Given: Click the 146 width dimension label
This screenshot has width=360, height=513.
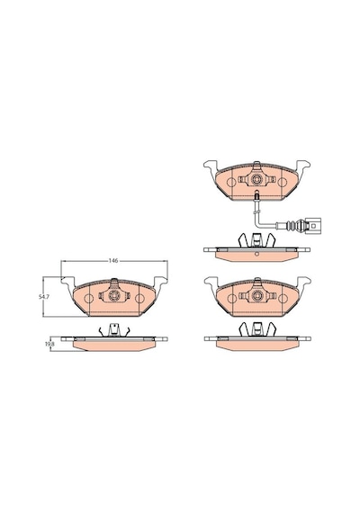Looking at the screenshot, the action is click(113, 261).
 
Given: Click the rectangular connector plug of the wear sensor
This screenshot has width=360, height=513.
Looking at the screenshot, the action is click(313, 226).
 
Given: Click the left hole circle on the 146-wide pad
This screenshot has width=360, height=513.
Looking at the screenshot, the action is click(88, 299).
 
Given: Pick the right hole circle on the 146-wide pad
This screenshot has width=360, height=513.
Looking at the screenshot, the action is click(139, 299).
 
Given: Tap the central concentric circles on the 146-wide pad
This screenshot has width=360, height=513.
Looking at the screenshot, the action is click(114, 295).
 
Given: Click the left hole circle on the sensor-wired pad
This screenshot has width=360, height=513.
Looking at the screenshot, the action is click(231, 183).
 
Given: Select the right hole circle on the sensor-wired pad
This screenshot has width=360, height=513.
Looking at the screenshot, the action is click(283, 183).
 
